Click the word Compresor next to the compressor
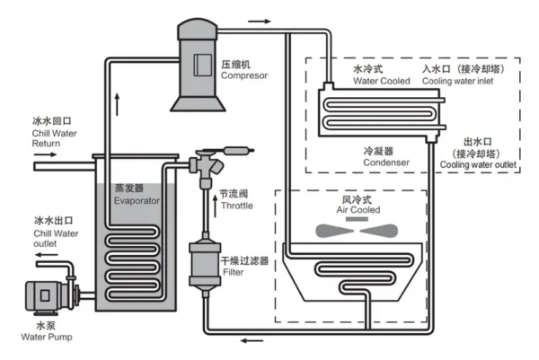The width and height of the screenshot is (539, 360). pos(244,75)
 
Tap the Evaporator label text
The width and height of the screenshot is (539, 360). pos(137,200)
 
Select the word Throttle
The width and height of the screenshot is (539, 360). pos(237,206)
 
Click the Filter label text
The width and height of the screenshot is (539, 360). pos(233,272)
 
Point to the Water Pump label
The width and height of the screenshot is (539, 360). pos(47,337)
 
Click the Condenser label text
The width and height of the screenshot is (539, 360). pos(386,162)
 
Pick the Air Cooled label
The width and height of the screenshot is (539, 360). pos(358,209)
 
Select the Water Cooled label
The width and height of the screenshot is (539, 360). pos(382,81)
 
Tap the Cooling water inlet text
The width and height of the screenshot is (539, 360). pos(457,81)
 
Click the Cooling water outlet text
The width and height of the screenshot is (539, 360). pos(478,165)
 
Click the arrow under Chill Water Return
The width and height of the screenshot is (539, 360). pos(45,154)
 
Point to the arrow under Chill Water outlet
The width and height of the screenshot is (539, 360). pos(47,255)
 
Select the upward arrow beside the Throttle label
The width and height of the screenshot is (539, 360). pos(216,206)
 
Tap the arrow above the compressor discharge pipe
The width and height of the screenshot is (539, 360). pos(260,22)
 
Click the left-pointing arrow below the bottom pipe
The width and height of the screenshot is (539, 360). pos(252,341)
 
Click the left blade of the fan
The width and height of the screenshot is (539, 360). pos(334,231)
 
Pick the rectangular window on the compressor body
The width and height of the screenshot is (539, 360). pos(202,65)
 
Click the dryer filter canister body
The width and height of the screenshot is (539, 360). pos(205,265)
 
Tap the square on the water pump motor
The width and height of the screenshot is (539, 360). pos(45,295)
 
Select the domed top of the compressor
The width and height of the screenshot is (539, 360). pos(198,30)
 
